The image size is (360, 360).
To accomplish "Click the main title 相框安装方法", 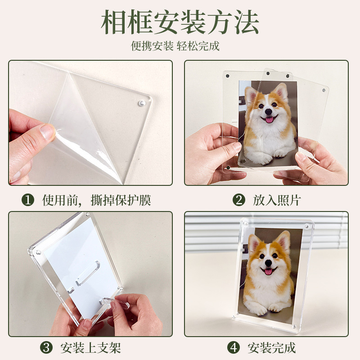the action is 180,22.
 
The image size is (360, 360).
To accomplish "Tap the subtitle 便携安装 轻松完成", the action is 175,46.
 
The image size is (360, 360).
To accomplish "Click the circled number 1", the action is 28,200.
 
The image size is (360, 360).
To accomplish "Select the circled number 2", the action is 239,200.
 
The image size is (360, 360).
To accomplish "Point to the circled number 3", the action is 46,347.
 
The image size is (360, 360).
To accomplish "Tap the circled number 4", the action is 234,347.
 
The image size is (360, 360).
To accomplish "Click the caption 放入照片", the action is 277,200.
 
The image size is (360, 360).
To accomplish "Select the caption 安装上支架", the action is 91,348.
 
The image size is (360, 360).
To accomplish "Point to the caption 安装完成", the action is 272,348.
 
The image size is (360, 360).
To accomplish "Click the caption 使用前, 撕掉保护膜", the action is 96,200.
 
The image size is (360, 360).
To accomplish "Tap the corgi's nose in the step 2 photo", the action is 268,112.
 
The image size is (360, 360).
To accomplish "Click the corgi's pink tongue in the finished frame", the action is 268,272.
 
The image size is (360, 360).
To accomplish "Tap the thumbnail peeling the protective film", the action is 48,131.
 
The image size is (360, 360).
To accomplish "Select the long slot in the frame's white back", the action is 88,273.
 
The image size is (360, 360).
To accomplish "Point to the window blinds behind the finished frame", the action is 266,232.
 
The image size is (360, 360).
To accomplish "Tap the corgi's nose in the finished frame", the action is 268,262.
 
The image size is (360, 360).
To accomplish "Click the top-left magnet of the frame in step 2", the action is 228,76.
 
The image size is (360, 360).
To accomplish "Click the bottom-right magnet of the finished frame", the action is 294,326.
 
